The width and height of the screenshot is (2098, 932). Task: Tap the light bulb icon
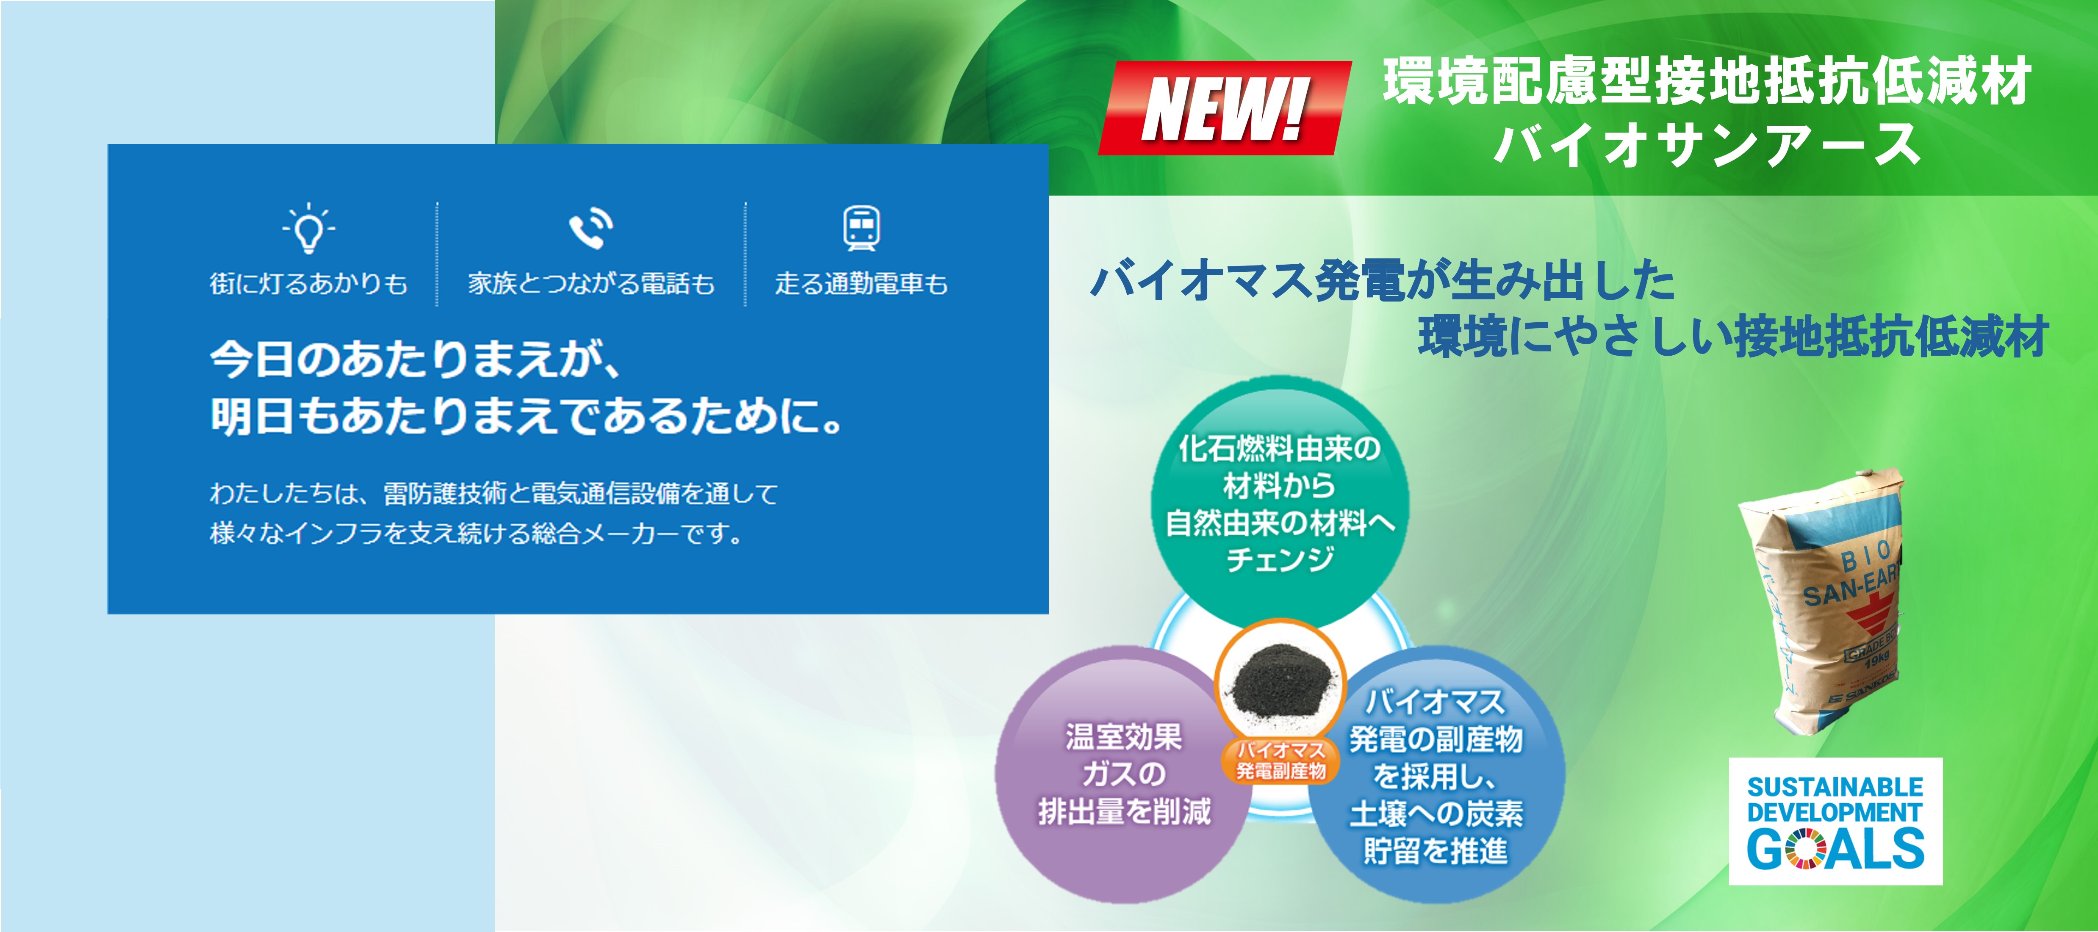pos(309,228)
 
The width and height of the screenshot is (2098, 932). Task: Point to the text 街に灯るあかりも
pos(309,283)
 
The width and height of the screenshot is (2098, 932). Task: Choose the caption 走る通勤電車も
pos(861,283)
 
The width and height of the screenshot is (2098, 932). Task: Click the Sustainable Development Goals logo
pos(1836,821)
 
